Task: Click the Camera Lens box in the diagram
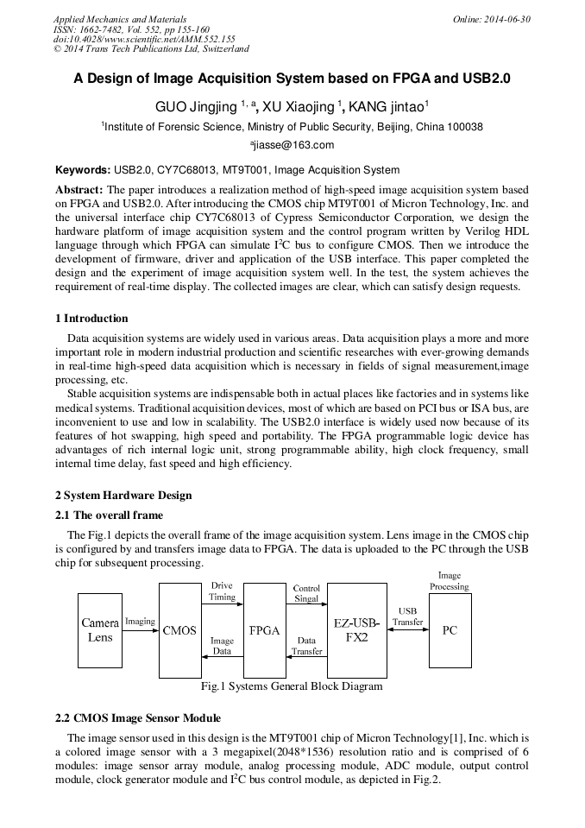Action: (x=100, y=630)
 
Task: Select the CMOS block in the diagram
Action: (x=179, y=630)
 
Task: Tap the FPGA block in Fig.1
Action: (x=264, y=630)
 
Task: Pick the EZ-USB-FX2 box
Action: (x=356, y=630)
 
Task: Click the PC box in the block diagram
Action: (x=450, y=630)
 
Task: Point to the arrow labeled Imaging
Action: (x=141, y=630)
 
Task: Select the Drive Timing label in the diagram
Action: (x=222, y=591)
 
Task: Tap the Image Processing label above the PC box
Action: (x=450, y=580)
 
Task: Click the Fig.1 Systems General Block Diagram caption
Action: (x=291, y=686)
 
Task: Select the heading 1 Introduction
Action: (x=91, y=319)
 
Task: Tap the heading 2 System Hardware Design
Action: (x=123, y=495)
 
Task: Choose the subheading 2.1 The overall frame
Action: (x=109, y=515)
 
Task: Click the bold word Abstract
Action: (x=79, y=189)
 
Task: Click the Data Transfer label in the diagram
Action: (x=306, y=646)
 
